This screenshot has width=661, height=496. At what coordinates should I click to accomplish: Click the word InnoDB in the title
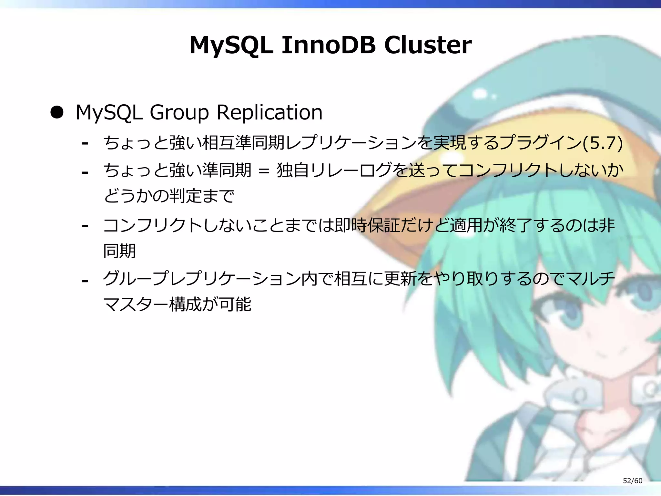[x=328, y=45]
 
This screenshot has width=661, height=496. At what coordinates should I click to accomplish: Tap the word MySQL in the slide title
[x=231, y=46]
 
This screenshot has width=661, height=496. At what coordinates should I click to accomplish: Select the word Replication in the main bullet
[x=269, y=112]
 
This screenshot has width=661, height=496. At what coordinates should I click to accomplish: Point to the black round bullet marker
[x=57, y=112]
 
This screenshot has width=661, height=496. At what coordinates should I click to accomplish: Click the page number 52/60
[x=632, y=480]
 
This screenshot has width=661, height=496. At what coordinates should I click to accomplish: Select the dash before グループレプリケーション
[x=85, y=281]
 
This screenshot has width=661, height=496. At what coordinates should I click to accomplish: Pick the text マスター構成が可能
[x=177, y=304]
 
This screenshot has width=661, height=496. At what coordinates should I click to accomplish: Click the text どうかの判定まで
[x=169, y=196]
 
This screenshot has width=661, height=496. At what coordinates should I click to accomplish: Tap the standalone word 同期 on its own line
[x=119, y=251]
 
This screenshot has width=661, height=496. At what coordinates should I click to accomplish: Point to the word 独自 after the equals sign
[x=293, y=170]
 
